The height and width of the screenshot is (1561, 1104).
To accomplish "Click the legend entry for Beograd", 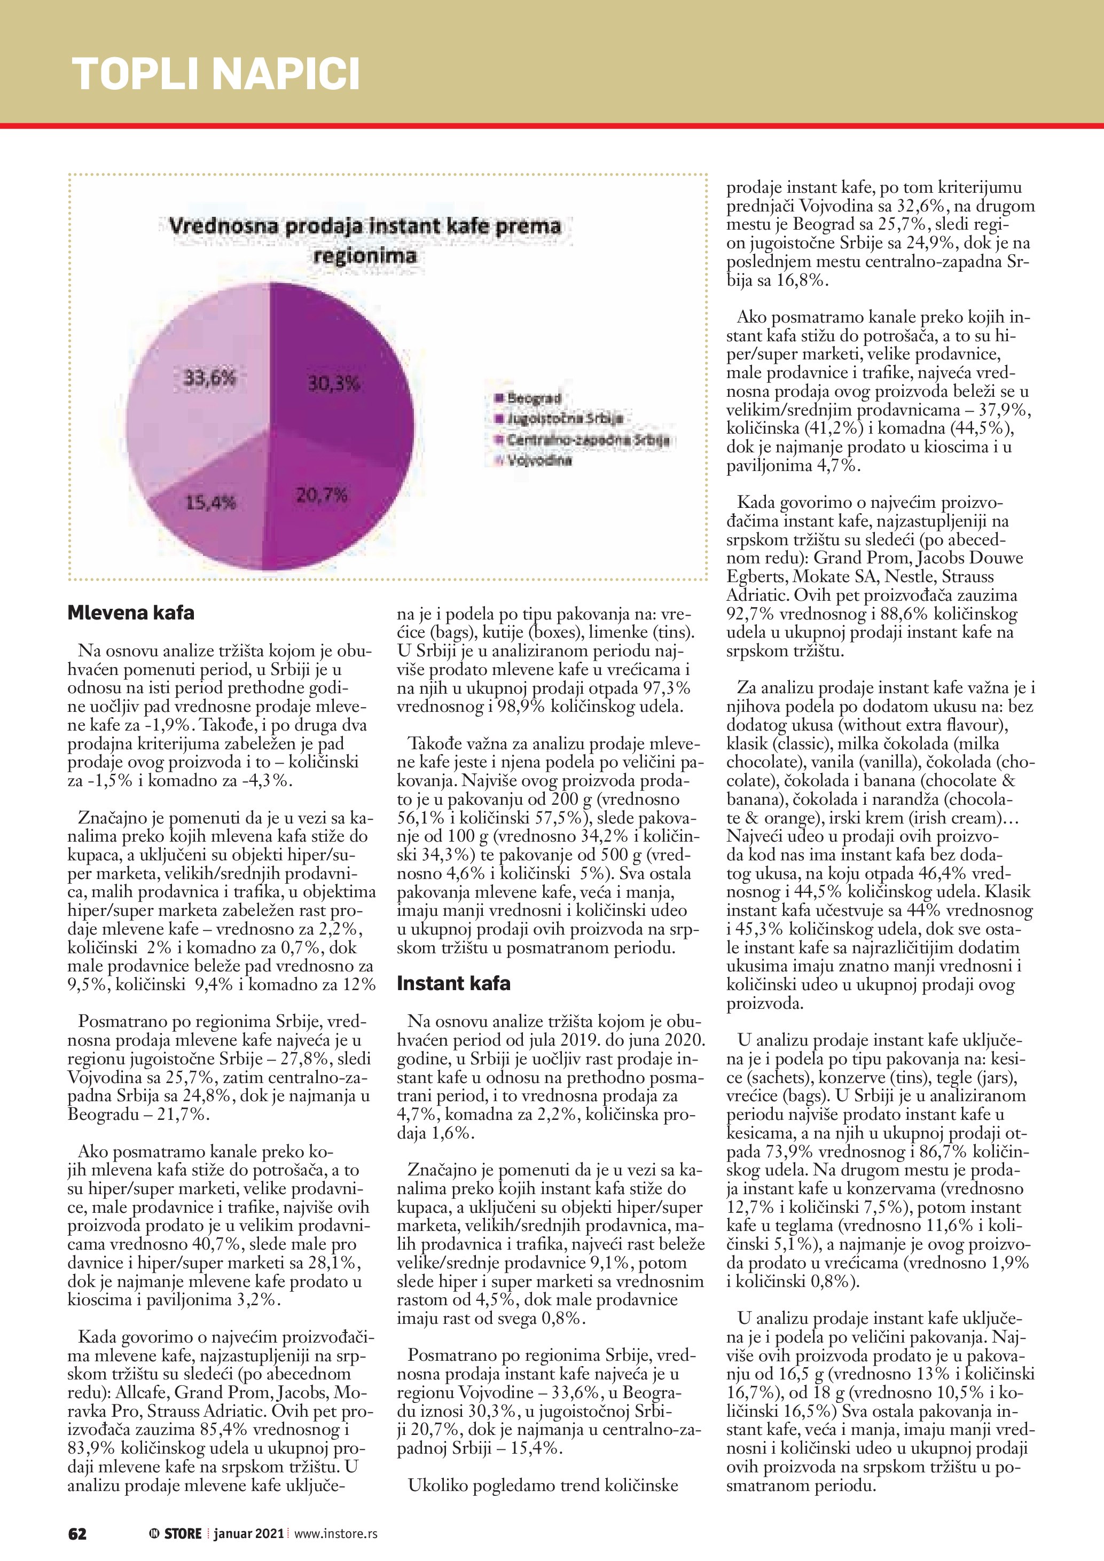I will [534, 398].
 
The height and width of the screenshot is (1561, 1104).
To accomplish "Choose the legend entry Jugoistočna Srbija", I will [564, 419].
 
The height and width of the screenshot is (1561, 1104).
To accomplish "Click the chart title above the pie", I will [365, 240].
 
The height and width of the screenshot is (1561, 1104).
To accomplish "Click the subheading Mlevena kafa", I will [130, 613].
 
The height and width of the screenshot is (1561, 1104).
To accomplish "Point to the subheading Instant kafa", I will [453, 983].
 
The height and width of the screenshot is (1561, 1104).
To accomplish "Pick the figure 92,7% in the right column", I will [750, 614].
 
